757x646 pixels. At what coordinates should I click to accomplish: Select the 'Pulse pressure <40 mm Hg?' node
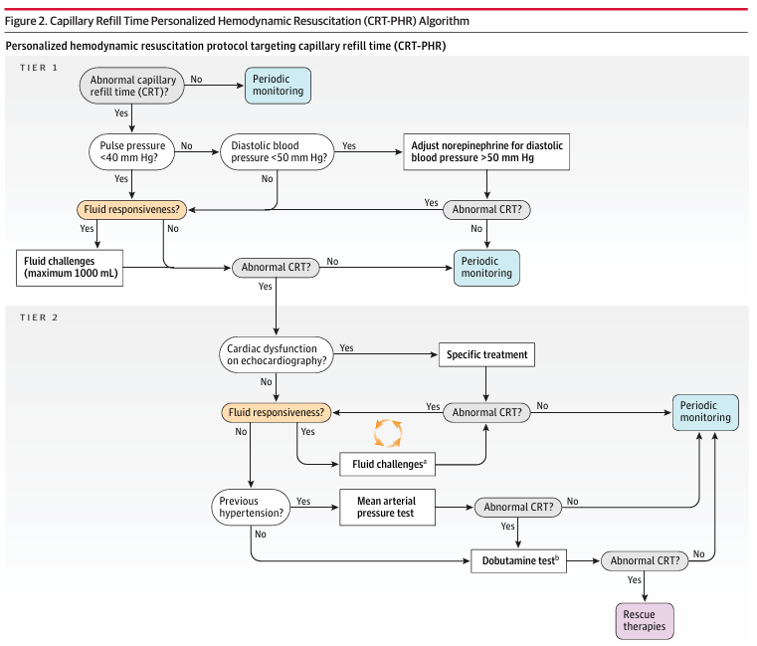[x=132, y=152]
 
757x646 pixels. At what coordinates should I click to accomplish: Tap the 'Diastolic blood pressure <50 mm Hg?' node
[x=273, y=152]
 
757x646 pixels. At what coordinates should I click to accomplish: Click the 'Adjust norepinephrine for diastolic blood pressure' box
[x=486, y=151]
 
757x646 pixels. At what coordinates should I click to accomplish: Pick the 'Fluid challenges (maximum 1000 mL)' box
[x=69, y=267]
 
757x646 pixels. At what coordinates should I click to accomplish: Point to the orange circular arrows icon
[x=387, y=434]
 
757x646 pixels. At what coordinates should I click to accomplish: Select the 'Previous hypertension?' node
[x=251, y=508]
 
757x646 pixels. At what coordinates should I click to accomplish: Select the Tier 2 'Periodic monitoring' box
[x=705, y=411]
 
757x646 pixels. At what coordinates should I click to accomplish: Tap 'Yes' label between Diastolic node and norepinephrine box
[x=349, y=145]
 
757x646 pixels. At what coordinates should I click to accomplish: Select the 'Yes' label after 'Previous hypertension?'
[x=304, y=501]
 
